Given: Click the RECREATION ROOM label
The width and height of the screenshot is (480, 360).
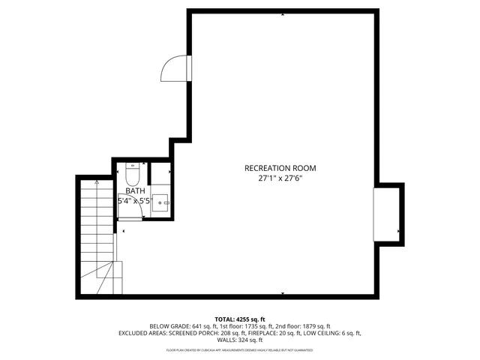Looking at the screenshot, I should click(x=280, y=168).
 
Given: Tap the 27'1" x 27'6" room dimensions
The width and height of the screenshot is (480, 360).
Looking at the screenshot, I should click(x=280, y=178).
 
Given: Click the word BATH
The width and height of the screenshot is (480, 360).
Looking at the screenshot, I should click(x=135, y=191).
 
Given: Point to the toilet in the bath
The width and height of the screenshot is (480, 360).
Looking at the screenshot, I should click(x=132, y=175).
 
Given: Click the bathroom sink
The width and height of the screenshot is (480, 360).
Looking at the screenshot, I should click(x=161, y=201).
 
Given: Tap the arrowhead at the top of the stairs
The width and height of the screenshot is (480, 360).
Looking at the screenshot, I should click(x=97, y=182).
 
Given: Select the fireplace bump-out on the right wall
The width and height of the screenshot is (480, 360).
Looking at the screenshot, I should click(x=388, y=214).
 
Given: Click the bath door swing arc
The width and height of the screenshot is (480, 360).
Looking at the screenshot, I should click(x=130, y=216).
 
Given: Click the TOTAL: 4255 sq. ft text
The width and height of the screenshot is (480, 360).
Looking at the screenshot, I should click(x=240, y=319).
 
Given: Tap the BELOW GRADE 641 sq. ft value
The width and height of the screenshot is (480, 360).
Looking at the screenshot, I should click(x=177, y=326).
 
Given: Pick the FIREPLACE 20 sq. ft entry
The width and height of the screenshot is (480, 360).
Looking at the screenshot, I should click(x=278, y=333).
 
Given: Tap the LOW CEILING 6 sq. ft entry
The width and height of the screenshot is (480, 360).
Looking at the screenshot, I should click(x=333, y=333).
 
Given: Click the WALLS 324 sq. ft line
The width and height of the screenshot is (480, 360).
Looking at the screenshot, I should click(x=240, y=340).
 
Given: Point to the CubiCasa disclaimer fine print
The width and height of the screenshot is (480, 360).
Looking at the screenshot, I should click(x=240, y=349).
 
